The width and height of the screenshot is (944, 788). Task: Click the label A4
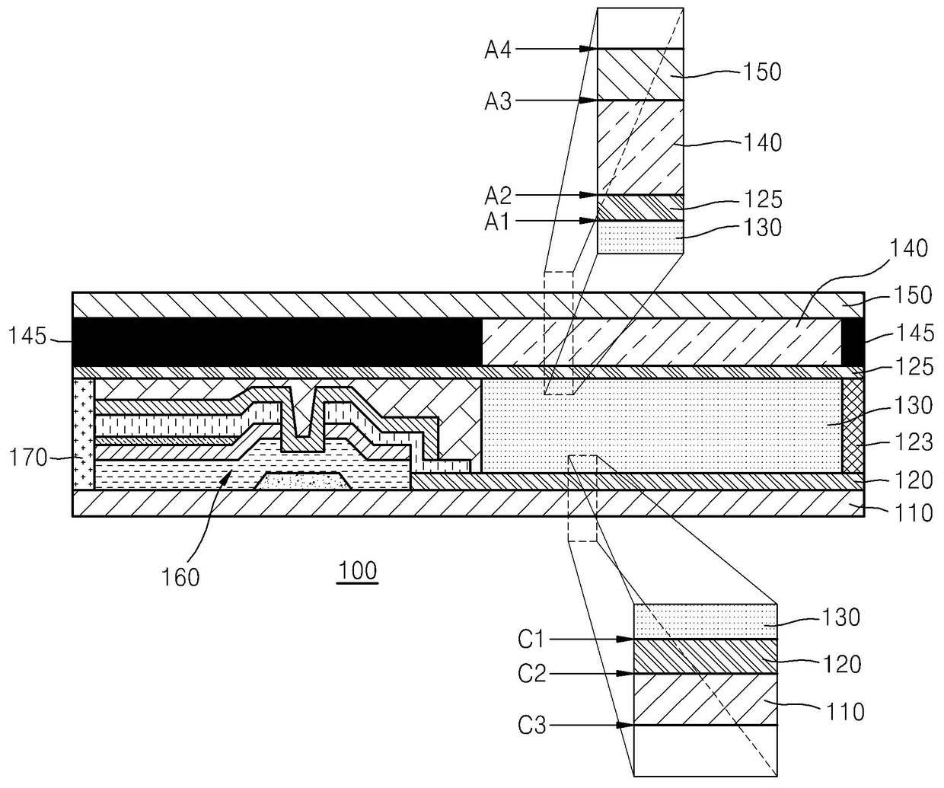(x=498, y=50)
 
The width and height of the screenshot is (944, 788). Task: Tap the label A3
(x=498, y=101)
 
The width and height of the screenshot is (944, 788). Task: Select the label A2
(x=498, y=196)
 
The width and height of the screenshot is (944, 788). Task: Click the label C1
(x=531, y=640)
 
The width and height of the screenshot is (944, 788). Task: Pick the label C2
(x=531, y=674)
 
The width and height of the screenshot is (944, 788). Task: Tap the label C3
(x=531, y=726)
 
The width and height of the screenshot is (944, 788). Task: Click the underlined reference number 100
(x=358, y=571)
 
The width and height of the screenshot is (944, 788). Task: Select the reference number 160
(x=180, y=578)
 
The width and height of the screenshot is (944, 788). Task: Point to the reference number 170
(x=28, y=458)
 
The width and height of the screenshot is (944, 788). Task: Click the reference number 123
(x=914, y=442)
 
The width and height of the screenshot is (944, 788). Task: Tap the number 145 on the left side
(x=28, y=336)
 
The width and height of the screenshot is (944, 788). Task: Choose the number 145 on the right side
(x=915, y=333)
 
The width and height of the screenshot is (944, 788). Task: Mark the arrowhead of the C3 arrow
(x=625, y=726)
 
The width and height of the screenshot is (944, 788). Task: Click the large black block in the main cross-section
(x=276, y=342)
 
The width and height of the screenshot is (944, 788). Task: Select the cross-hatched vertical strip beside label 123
(x=853, y=426)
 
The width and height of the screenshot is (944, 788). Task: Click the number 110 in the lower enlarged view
(x=845, y=713)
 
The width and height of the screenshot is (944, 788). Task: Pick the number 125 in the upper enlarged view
(x=763, y=199)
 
